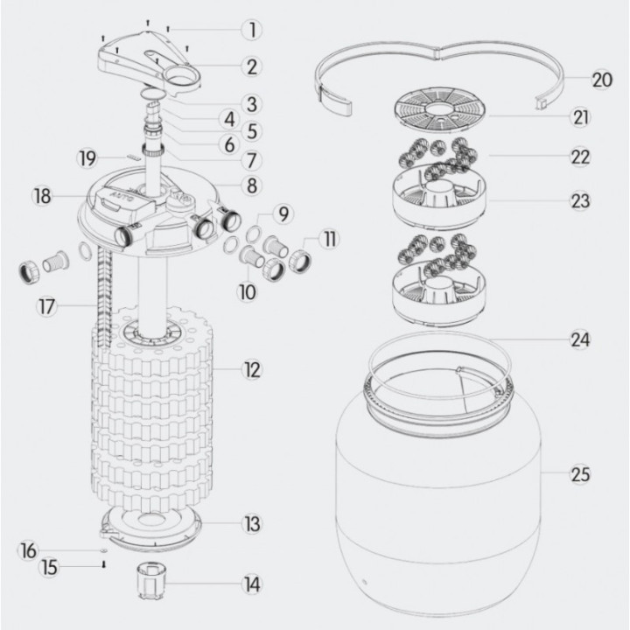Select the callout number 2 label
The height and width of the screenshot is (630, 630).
(x=251, y=66)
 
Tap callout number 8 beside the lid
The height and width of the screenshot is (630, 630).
(x=251, y=185)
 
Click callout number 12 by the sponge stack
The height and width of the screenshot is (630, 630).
(x=252, y=371)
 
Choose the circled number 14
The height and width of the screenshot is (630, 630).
(x=252, y=584)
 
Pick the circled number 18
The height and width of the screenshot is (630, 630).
(x=41, y=194)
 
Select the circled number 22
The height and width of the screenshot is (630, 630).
(x=579, y=157)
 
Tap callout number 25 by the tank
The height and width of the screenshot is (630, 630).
(x=579, y=475)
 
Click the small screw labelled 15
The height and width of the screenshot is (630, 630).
(x=103, y=565)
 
